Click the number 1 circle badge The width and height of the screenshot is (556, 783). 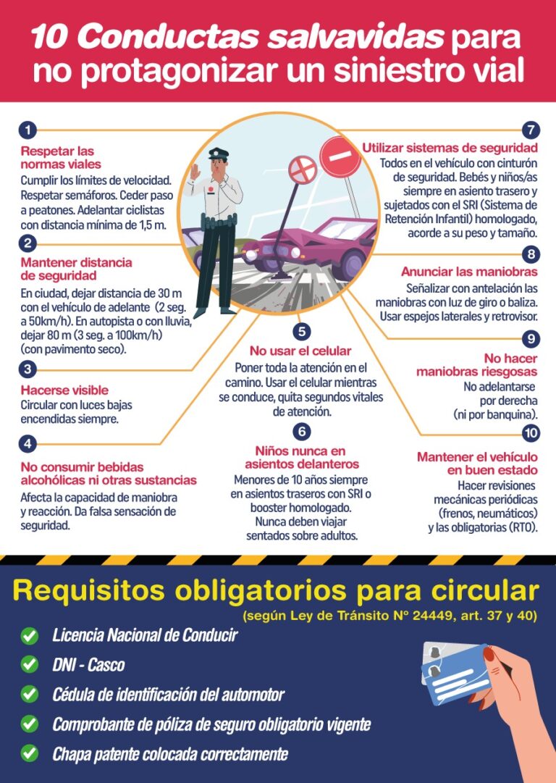click(x=27, y=131)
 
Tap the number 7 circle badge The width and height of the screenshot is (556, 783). click(x=531, y=131)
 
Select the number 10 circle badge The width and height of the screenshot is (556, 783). click(x=531, y=433)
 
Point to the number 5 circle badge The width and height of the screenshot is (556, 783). click(x=302, y=332)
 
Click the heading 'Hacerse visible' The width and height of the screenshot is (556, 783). click(x=64, y=390)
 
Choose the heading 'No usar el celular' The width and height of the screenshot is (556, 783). click(x=300, y=351)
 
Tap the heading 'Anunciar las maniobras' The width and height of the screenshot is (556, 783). click(x=469, y=272)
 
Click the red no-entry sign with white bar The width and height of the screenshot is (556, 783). click(x=340, y=158)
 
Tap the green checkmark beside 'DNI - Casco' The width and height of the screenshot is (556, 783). click(x=30, y=663)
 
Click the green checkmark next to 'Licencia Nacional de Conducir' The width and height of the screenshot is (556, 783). click(x=30, y=636)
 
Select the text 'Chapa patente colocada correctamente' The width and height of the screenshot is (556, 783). click(x=169, y=753)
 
